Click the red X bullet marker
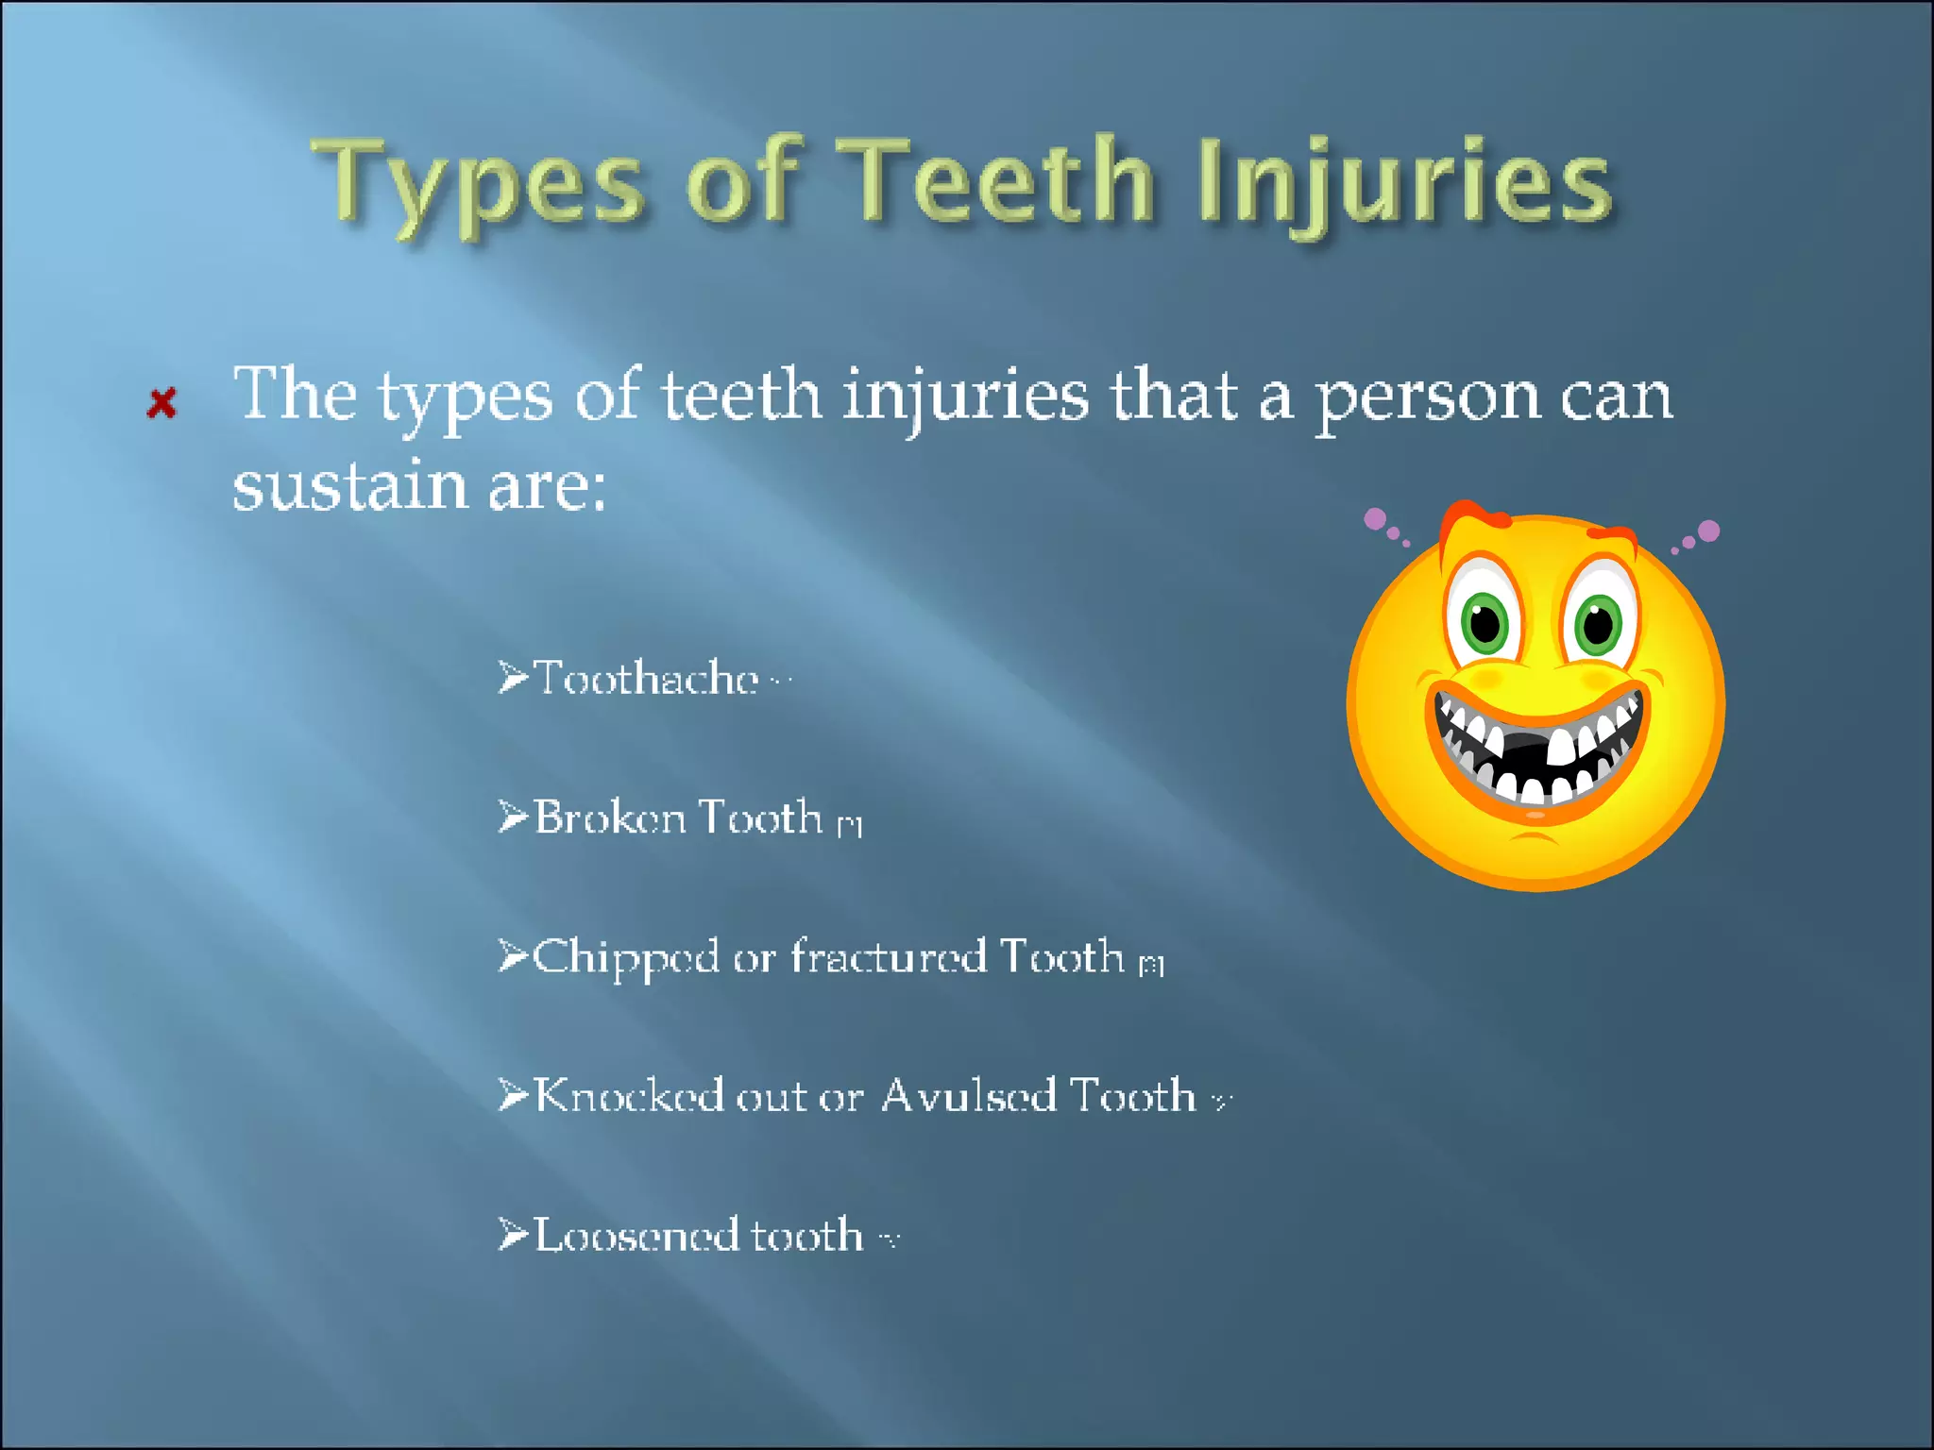coord(162,403)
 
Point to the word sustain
coord(350,487)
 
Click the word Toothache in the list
coord(646,678)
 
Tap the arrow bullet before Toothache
coord(513,677)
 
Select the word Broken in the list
coord(610,818)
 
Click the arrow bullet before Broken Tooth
coord(513,817)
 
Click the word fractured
coord(888,956)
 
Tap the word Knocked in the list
coord(629,1096)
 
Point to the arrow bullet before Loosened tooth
coord(513,1234)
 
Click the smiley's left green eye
coord(1484,623)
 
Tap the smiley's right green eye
coord(1597,623)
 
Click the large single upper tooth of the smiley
coord(1560,747)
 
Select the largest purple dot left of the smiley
coord(1376,518)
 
